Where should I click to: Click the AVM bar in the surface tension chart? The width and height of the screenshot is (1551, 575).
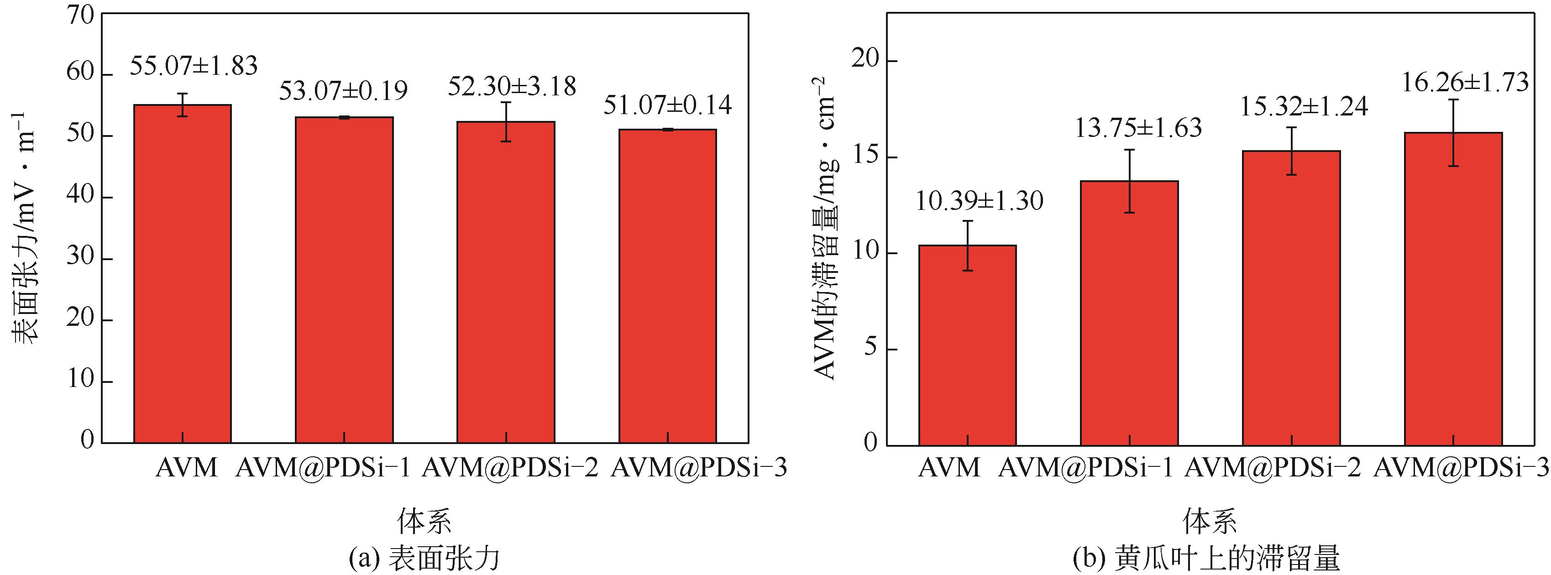(x=183, y=274)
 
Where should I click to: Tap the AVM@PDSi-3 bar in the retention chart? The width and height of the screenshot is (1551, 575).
(x=1453, y=289)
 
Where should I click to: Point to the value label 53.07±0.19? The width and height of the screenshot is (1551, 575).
(x=343, y=91)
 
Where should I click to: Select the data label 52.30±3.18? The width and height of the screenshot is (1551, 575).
(x=512, y=87)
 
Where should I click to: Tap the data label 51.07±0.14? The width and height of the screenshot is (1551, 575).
(x=668, y=106)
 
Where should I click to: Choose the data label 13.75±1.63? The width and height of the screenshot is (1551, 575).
(x=1138, y=128)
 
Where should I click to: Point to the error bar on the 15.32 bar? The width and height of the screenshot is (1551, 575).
(x=1291, y=151)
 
